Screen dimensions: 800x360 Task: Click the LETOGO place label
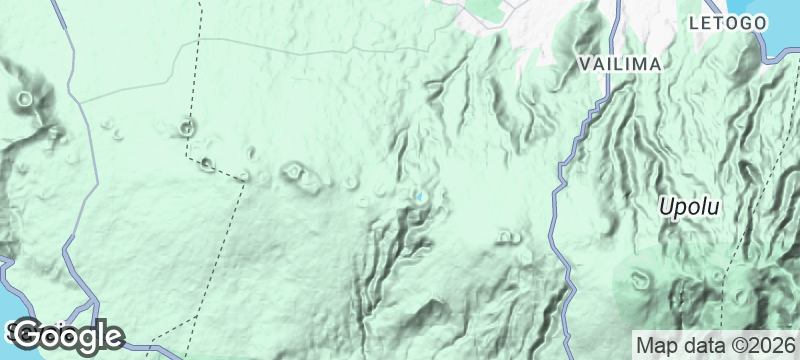(x=728, y=22)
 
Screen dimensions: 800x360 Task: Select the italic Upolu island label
(x=689, y=208)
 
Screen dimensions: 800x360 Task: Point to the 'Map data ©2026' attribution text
(x=715, y=345)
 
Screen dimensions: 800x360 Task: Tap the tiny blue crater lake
(x=421, y=196)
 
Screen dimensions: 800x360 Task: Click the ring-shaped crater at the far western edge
(x=23, y=99)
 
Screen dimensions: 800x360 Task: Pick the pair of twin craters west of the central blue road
(x=509, y=237)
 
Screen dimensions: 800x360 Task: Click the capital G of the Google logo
(x=30, y=335)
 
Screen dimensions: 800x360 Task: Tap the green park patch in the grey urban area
(x=484, y=9)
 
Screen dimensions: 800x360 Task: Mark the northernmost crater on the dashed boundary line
(x=187, y=127)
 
